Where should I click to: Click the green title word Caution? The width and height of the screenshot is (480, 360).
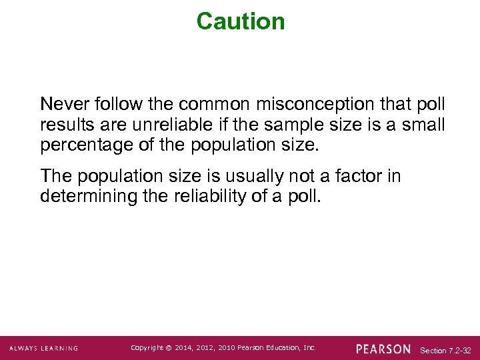click(x=241, y=21)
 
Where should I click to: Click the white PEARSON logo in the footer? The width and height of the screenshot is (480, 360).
click(x=383, y=349)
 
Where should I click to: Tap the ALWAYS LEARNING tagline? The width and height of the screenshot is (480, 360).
click(x=44, y=349)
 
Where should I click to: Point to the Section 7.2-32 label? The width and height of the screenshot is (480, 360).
click(x=445, y=350)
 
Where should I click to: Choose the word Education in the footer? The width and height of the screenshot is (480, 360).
click(x=287, y=348)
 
